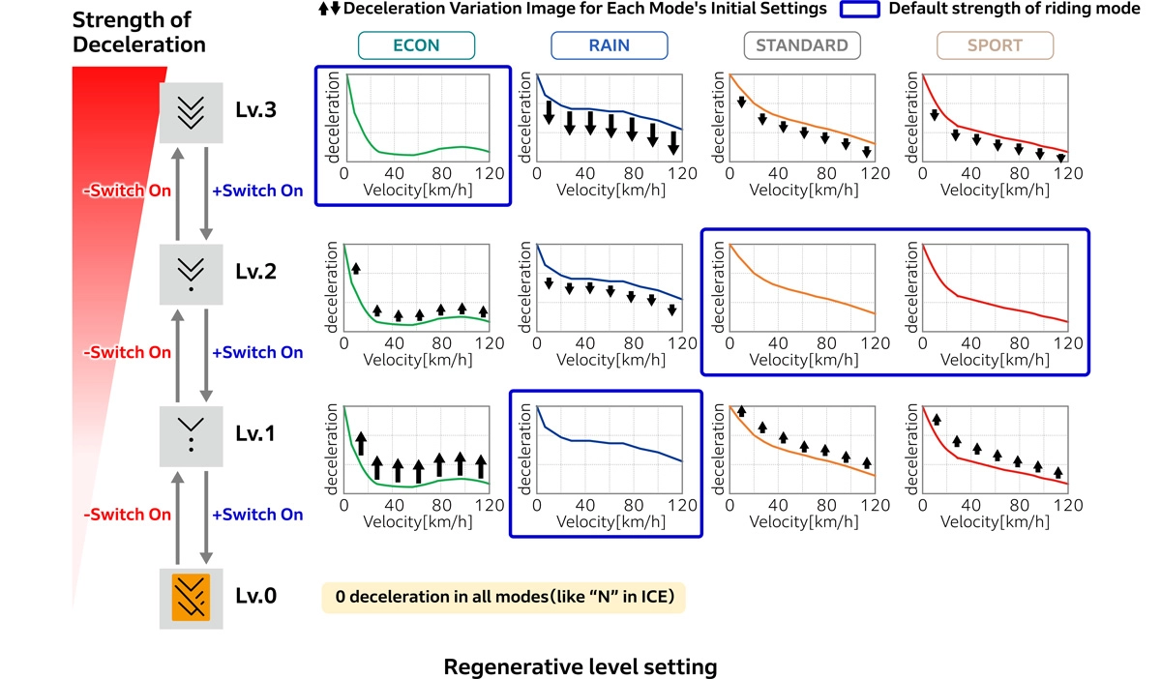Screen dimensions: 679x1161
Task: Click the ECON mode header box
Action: click(x=416, y=45)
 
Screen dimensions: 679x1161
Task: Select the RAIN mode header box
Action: click(x=609, y=45)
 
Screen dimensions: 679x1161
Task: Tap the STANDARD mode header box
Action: click(x=802, y=45)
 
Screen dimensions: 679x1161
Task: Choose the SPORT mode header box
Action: click(x=994, y=45)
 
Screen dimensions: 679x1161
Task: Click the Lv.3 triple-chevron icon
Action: click(x=192, y=111)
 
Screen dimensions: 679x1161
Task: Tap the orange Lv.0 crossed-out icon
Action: click(x=192, y=597)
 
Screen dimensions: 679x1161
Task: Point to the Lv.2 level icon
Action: click(x=192, y=272)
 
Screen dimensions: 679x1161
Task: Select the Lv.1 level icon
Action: click(x=192, y=434)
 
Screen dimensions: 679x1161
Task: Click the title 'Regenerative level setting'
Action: click(x=580, y=666)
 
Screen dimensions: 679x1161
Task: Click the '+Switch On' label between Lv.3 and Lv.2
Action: click(x=257, y=191)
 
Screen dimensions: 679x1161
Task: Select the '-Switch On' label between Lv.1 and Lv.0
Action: click(x=128, y=515)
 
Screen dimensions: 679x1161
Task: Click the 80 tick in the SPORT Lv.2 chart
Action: click(x=1020, y=342)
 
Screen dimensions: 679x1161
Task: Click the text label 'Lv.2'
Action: click(x=255, y=272)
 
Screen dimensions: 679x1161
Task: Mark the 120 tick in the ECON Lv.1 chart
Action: click(x=490, y=505)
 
